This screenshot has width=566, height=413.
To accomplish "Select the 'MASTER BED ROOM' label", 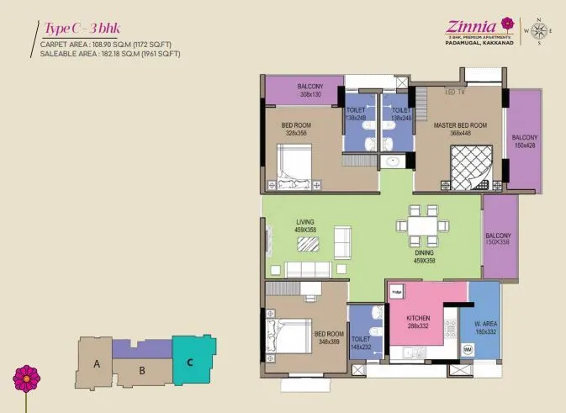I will (456, 129).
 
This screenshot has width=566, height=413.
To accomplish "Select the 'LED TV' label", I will (455, 92).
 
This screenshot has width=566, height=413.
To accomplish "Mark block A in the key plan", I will (97, 364).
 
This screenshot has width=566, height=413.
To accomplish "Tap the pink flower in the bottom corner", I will (27, 379).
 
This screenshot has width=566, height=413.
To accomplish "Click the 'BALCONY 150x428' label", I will (525, 140).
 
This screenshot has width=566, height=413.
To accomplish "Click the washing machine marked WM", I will (467, 348).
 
